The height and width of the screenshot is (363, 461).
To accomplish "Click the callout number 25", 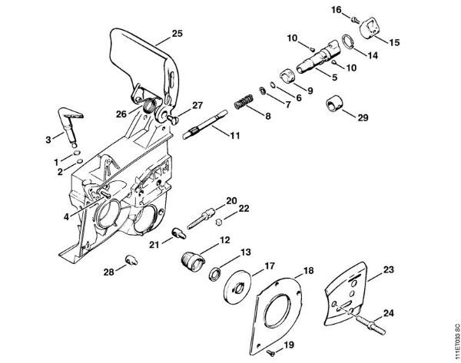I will click(x=177, y=34).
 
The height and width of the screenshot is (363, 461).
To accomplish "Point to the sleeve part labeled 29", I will click(x=335, y=104).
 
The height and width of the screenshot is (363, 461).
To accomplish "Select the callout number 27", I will click(x=197, y=105).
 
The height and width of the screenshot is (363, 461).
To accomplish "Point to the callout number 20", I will click(x=230, y=200).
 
